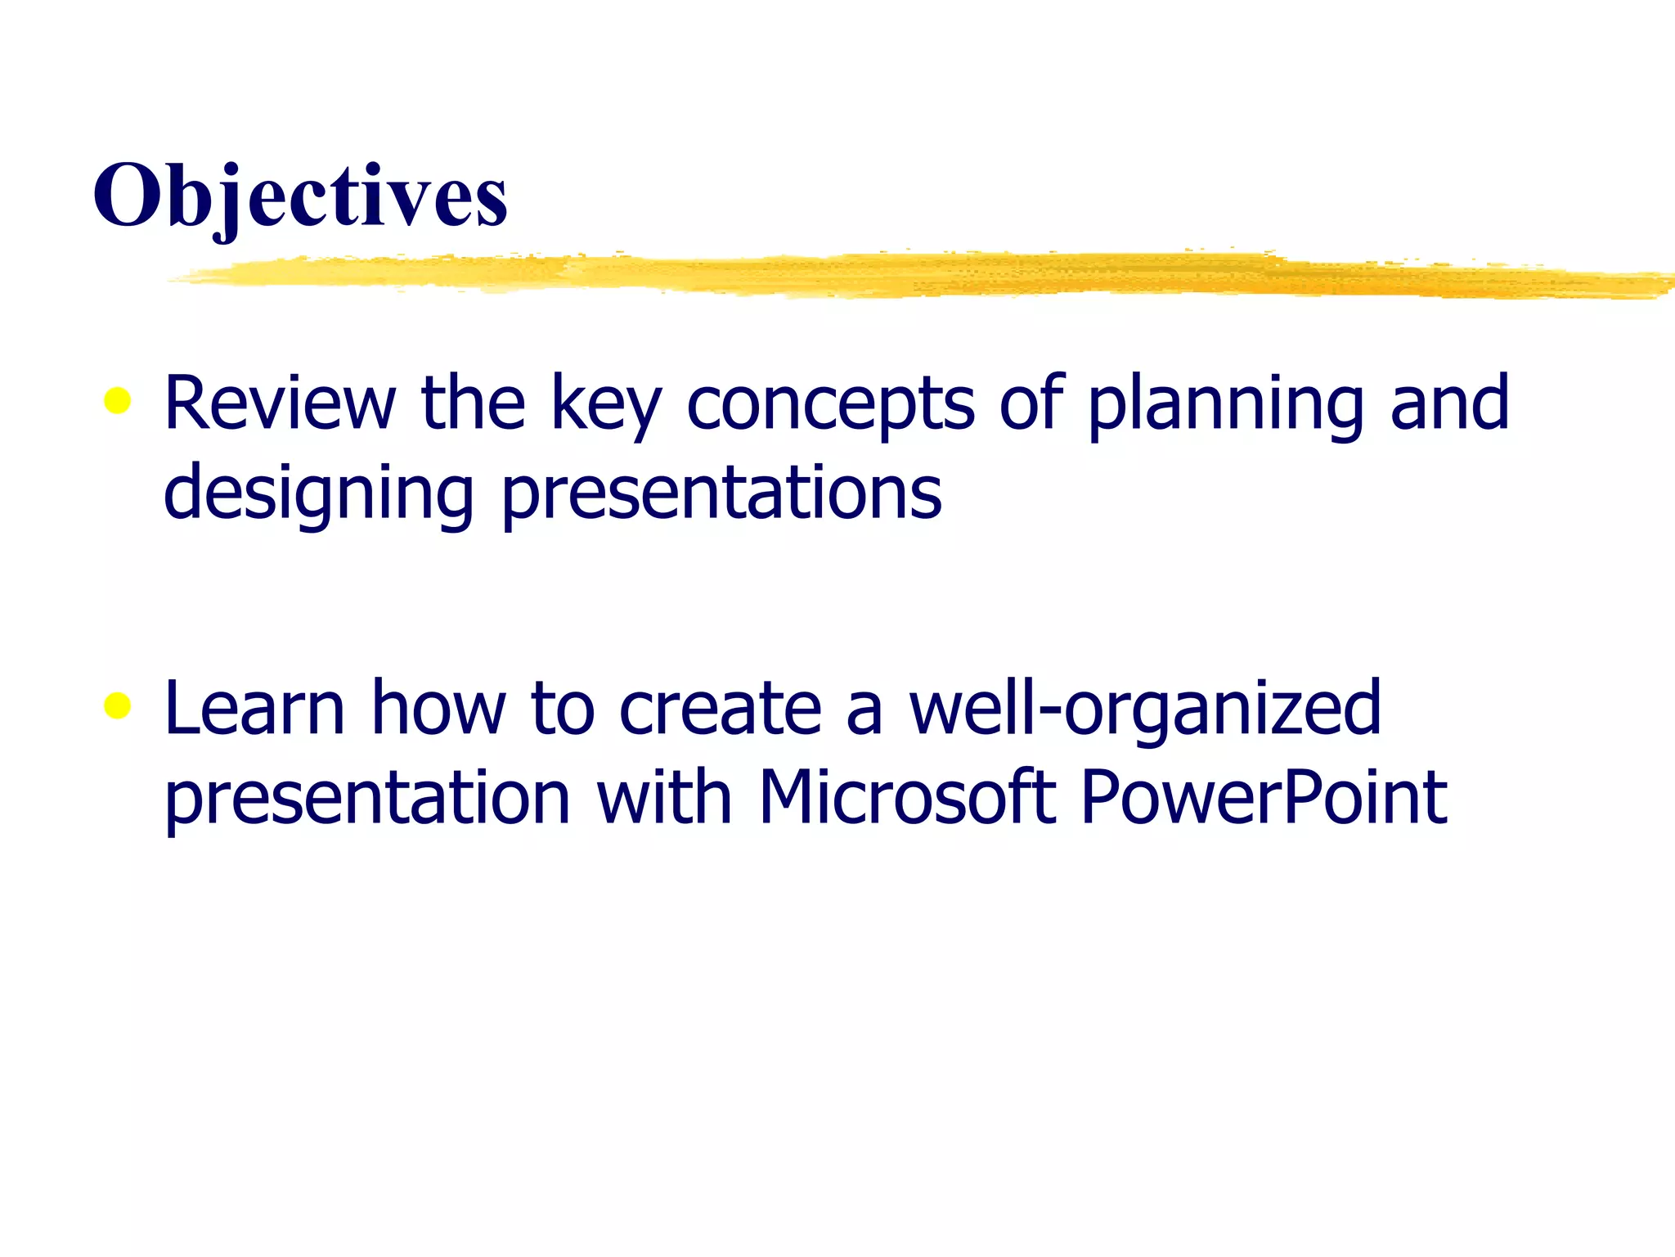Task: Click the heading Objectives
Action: click(300, 196)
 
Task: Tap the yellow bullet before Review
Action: click(118, 401)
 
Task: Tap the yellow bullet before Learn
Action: click(118, 705)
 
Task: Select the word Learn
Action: click(254, 708)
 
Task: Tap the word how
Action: click(438, 708)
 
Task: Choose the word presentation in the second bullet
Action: click(367, 799)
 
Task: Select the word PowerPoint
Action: click(1264, 797)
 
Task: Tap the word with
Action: click(663, 797)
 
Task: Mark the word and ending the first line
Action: click(1449, 403)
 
